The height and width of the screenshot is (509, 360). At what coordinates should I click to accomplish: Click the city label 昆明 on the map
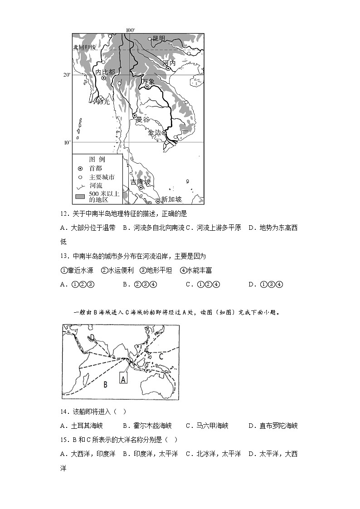[x=159, y=39]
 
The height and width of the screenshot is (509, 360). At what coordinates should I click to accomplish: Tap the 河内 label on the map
[x=169, y=63]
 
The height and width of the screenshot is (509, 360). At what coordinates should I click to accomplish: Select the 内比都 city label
[x=105, y=72]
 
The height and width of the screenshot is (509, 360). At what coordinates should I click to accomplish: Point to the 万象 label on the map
[x=148, y=82]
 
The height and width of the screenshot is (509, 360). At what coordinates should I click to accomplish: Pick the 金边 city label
[x=155, y=132]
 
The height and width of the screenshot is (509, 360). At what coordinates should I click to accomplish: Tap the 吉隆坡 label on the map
[x=140, y=182]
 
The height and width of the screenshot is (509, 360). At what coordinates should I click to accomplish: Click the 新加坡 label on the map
[x=171, y=199]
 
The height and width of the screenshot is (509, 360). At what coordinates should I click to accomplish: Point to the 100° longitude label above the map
[x=130, y=30]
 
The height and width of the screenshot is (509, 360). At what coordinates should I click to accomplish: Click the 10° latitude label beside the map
[x=67, y=142]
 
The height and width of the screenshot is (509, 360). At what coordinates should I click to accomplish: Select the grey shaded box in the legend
[x=80, y=196]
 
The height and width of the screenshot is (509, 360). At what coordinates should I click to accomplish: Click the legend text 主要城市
[x=102, y=177]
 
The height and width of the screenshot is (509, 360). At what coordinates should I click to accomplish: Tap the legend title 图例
[x=97, y=160]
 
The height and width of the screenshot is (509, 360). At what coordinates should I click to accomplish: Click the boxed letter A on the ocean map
[x=123, y=378]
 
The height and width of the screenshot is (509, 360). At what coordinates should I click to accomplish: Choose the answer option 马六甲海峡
[x=212, y=426]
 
